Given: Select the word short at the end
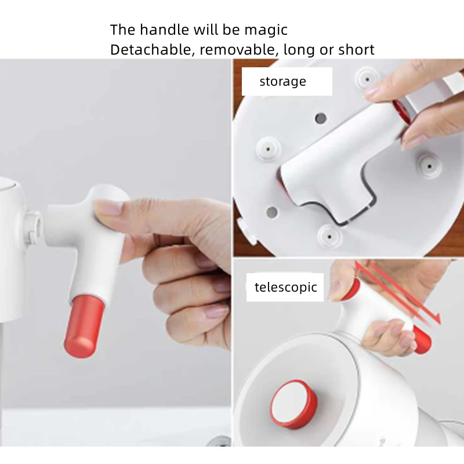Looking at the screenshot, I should click(356, 50).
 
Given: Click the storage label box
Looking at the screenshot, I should click(287, 82).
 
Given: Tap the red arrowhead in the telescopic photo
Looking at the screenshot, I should click(436, 320).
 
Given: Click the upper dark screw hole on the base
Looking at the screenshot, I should click(320, 119).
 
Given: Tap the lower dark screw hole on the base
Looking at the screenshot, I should click(271, 212).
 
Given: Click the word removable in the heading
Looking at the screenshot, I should click(237, 50).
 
